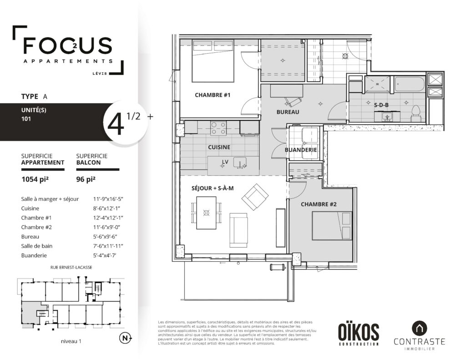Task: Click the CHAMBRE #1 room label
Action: (x=213, y=95)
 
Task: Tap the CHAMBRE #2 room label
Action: (x=319, y=204)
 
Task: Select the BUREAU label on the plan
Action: (x=288, y=112)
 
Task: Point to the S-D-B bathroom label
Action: (x=381, y=105)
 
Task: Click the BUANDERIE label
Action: (x=301, y=150)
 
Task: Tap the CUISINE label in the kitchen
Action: (x=219, y=147)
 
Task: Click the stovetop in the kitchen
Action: (x=218, y=128)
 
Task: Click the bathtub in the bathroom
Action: (x=410, y=85)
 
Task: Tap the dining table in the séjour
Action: (x=206, y=213)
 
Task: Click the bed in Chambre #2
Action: (x=332, y=226)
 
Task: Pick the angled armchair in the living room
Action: (x=255, y=197)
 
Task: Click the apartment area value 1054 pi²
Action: (x=35, y=179)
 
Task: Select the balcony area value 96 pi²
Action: (x=86, y=179)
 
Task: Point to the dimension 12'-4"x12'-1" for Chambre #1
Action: (x=108, y=218)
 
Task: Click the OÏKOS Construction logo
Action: (x=359, y=335)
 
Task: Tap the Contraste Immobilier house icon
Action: (x=419, y=328)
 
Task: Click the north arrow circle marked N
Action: (x=125, y=338)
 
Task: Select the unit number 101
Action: (x=26, y=119)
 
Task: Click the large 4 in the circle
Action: (x=116, y=124)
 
